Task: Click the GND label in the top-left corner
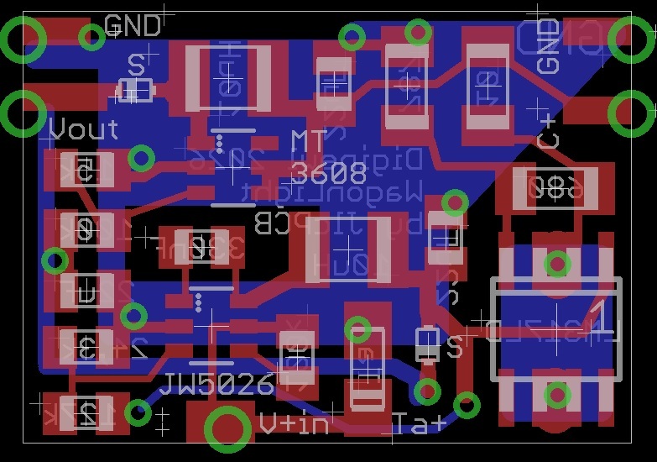click(x=133, y=25)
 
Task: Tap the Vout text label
click(x=84, y=130)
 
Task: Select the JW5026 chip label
click(x=216, y=385)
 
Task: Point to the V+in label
click(x=294, y=423)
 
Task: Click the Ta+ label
click(x=419, y=423)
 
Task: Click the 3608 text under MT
click(x=328, y=174)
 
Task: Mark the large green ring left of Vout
click(x=23, y=113)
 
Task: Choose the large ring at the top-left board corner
click(x=23, y=39)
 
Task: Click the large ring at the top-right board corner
click(x=631, y=38)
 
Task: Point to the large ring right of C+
click(x=631, y=112)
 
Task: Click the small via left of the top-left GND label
click(x=91, y=37)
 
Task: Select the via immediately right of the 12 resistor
click(x=138, y=412)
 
